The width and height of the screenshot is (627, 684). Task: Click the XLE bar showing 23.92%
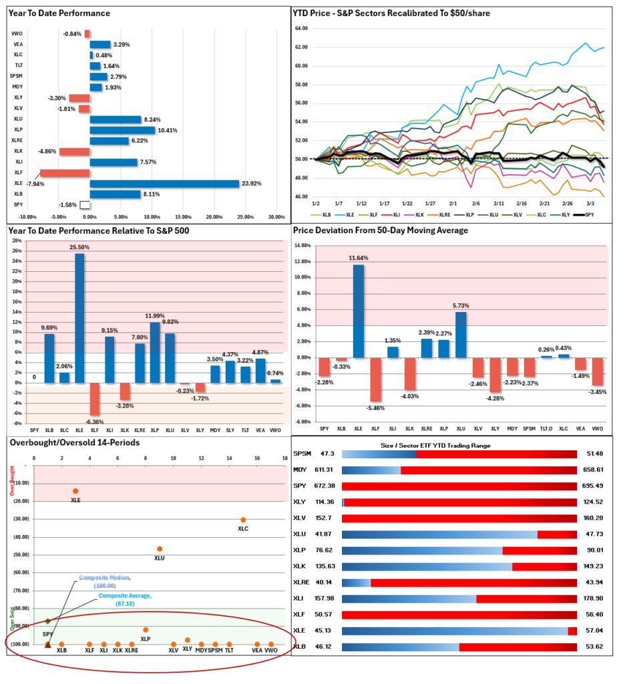pos(164,184)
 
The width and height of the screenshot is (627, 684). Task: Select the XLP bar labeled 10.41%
pos(122,130)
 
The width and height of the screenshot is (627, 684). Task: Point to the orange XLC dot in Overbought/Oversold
pos(243,520)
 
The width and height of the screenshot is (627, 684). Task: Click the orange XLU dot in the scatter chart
pos(159,549)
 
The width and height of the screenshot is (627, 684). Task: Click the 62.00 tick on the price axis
pos(300,47)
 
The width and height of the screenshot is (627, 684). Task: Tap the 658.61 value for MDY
pos(593,470)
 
